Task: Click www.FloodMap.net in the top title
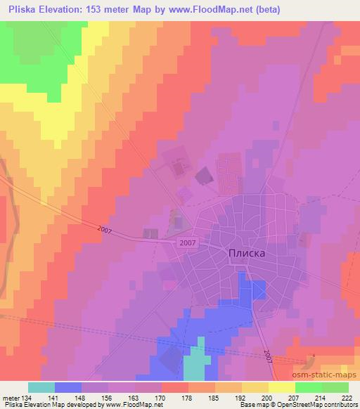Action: (224, 10)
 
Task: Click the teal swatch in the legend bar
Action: (41, 388)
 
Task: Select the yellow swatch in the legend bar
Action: (281, 388)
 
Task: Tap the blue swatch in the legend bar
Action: (68, 388)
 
